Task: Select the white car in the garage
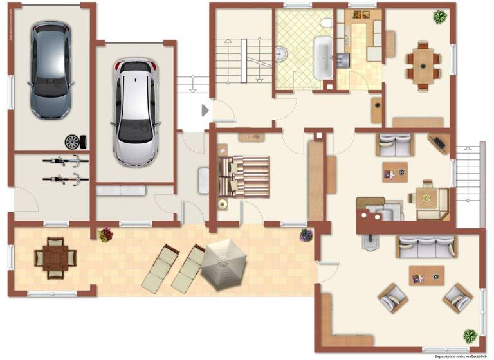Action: click(x=135, y=109)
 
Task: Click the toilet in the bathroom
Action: click(x=326, y=25)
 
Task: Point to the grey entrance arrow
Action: click(x=205, y=111)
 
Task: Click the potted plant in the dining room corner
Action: click(x=441, y=16)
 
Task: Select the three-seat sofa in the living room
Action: click(x=426, y=247)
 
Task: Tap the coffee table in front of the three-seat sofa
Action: click(x=426, y=277)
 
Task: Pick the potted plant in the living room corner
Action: click(x=470, y=335)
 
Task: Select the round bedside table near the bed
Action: click(x=222, y=204)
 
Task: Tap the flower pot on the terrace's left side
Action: click(x=105, y=235)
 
